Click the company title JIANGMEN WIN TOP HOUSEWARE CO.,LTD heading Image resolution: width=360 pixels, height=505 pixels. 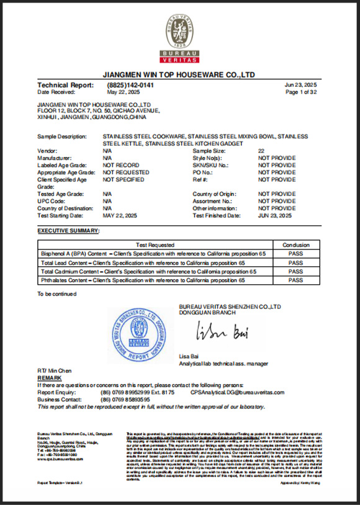(x=179, y=74)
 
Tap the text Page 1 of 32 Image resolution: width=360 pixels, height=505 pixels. (x=301, y=92)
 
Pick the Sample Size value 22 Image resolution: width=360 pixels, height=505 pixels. (x=261, y=151)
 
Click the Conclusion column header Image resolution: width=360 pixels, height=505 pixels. (x=295, y=245)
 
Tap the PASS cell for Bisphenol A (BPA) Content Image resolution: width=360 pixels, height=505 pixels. (x=295, y=254)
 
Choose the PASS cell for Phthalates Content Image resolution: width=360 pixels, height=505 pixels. (x=295, y=280)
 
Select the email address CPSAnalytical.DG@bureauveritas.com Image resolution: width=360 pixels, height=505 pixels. (x=237, y=393)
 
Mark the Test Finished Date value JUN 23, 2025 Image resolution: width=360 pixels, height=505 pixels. (x=274, y=216)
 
